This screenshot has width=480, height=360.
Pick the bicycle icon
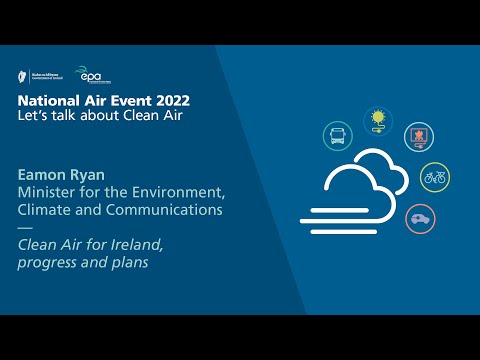434,177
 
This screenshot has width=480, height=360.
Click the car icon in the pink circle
420,217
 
